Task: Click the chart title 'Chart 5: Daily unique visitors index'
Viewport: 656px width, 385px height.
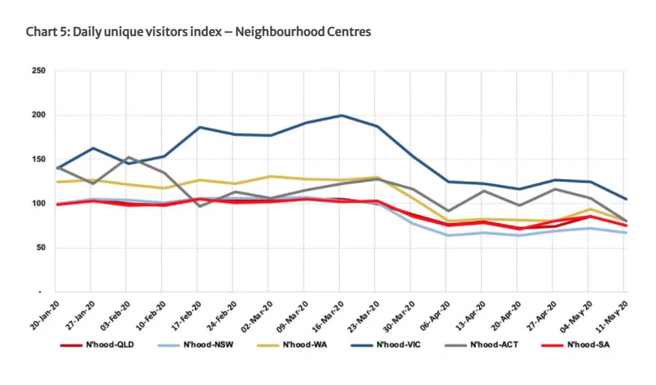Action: pos(198,32)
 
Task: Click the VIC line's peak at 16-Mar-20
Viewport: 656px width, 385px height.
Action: pos(342,115)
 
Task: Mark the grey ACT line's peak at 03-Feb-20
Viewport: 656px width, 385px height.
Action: pos(128,157)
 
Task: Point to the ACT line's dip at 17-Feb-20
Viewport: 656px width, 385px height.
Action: pos(199,206)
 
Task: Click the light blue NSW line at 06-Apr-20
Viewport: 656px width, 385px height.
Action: pos(448,235)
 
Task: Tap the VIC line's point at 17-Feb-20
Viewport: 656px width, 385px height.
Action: pos(199,127)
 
